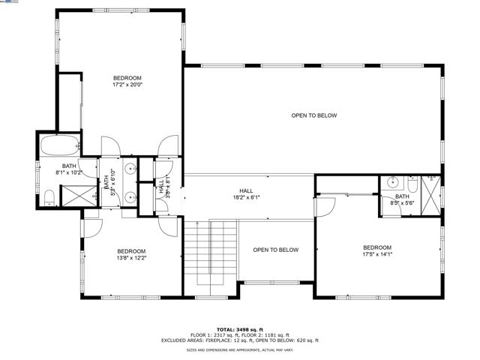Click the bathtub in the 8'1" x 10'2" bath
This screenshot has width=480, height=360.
click(x=58, y=145)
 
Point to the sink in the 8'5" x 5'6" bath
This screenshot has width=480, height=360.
click(x=393, y=182)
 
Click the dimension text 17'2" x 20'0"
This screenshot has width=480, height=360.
click(x=127, y=85)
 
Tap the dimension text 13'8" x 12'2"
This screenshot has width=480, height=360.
click(x=130, y=258)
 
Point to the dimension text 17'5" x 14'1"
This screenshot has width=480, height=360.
click(x=377, y=254)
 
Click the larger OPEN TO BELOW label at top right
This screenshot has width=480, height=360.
click(x=314, y=115)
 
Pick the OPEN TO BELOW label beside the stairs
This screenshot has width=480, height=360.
click(x=275, y=250)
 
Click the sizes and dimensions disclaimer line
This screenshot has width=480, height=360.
click(x=240, y=350)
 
